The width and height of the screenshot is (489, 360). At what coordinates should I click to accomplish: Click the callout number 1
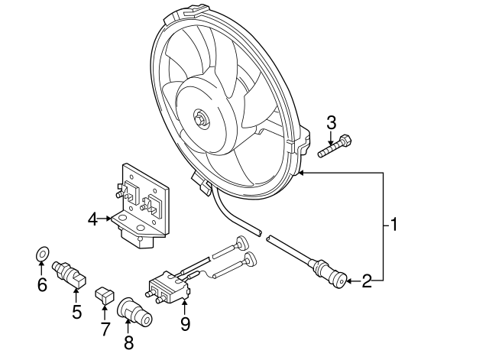394,225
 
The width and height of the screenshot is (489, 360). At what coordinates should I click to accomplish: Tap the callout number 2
367,281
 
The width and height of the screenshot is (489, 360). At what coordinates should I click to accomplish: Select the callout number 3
332,122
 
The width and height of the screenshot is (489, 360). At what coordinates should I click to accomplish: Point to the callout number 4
93,219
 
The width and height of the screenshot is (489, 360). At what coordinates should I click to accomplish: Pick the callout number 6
42,285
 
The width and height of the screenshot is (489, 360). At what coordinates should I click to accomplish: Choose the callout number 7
105,329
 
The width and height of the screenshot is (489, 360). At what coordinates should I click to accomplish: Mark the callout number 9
185,323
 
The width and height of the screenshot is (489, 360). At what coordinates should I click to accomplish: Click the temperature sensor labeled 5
70,274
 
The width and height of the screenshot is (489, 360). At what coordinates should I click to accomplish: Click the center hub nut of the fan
200,119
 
